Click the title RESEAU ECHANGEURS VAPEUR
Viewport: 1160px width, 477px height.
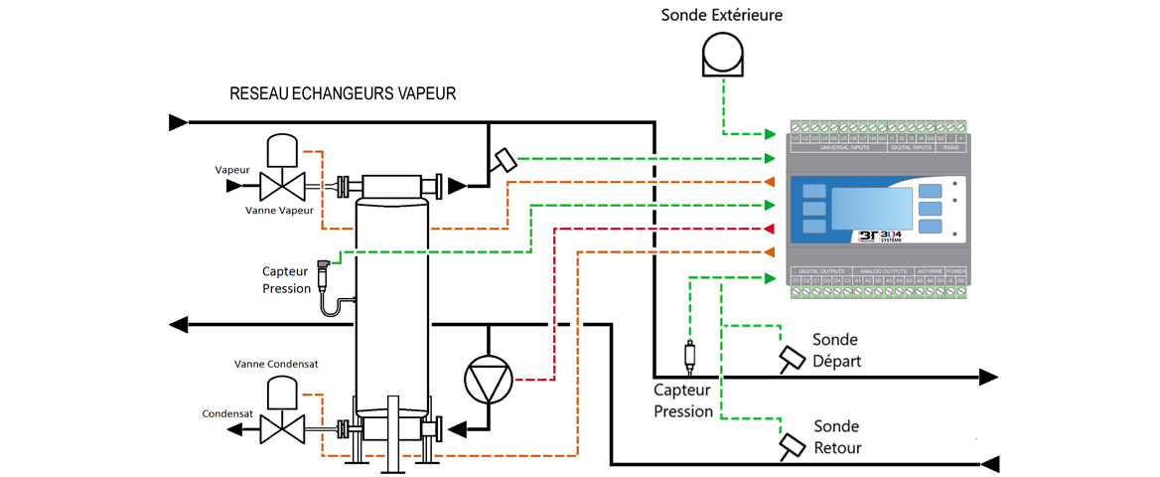342,94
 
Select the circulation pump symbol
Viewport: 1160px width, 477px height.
489,379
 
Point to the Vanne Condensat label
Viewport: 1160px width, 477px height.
276,364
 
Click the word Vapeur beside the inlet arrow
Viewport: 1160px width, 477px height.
232,170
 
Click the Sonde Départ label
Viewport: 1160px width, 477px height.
836,350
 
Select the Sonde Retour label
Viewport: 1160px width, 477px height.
837,436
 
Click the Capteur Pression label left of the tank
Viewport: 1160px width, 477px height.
286,279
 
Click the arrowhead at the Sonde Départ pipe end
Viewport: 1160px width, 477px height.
988,377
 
